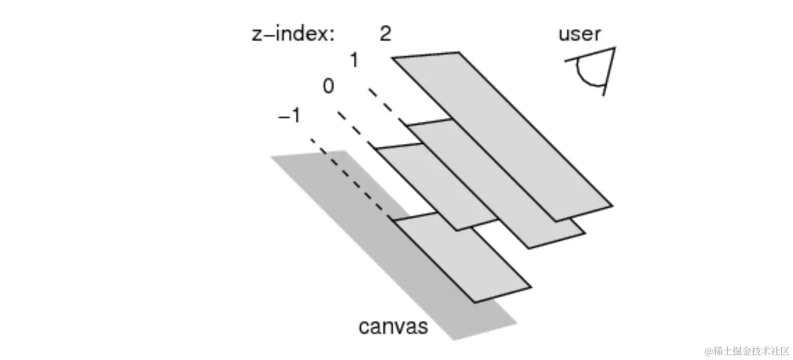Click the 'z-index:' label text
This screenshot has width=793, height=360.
pyautogui.click(x=293, y=35)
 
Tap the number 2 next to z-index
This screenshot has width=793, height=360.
pyautogui.click(x=385, y=34)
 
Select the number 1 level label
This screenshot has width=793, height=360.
pyautogui.click(x=353, y=61)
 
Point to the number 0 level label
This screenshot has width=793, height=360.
pyautogui.click(x=328, y=86)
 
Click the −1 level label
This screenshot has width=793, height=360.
pyautogui.click(x=290, y=116)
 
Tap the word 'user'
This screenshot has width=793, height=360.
pyautogui.click(x=580, y=34)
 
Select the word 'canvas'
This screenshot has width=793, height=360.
pyautogui.click(x=393, y=326)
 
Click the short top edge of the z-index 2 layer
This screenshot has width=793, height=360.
pyautogui.click(x=426, y=55)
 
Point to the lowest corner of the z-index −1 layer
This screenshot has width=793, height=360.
pyautogui.click(x=474, y=302)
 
